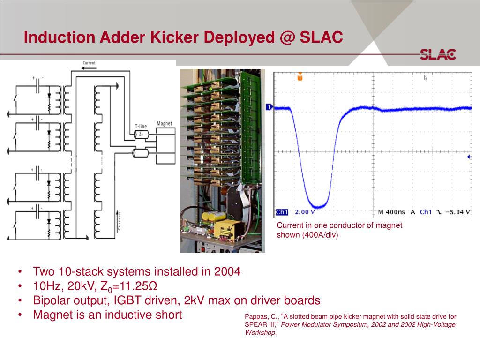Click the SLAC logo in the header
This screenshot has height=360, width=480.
pyautogui.click(x=437, y=54)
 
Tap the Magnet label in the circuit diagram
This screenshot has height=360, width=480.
pyautogui.click(x=164, y=123)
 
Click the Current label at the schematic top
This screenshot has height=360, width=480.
pyautogui.click(x=89, y=63)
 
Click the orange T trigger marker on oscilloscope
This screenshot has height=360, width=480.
pyautogui.click(x=300, y=77)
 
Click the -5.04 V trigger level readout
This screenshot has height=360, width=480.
pyautogui.click(x=457, y=212)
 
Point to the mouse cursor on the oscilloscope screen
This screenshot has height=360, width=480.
pyautogui.click(x=426, y=78)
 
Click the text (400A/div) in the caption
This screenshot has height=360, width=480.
pyautogui.click(x=318, y=234)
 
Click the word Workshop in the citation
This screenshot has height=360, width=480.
pyautogui.click(x=260, y=332)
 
